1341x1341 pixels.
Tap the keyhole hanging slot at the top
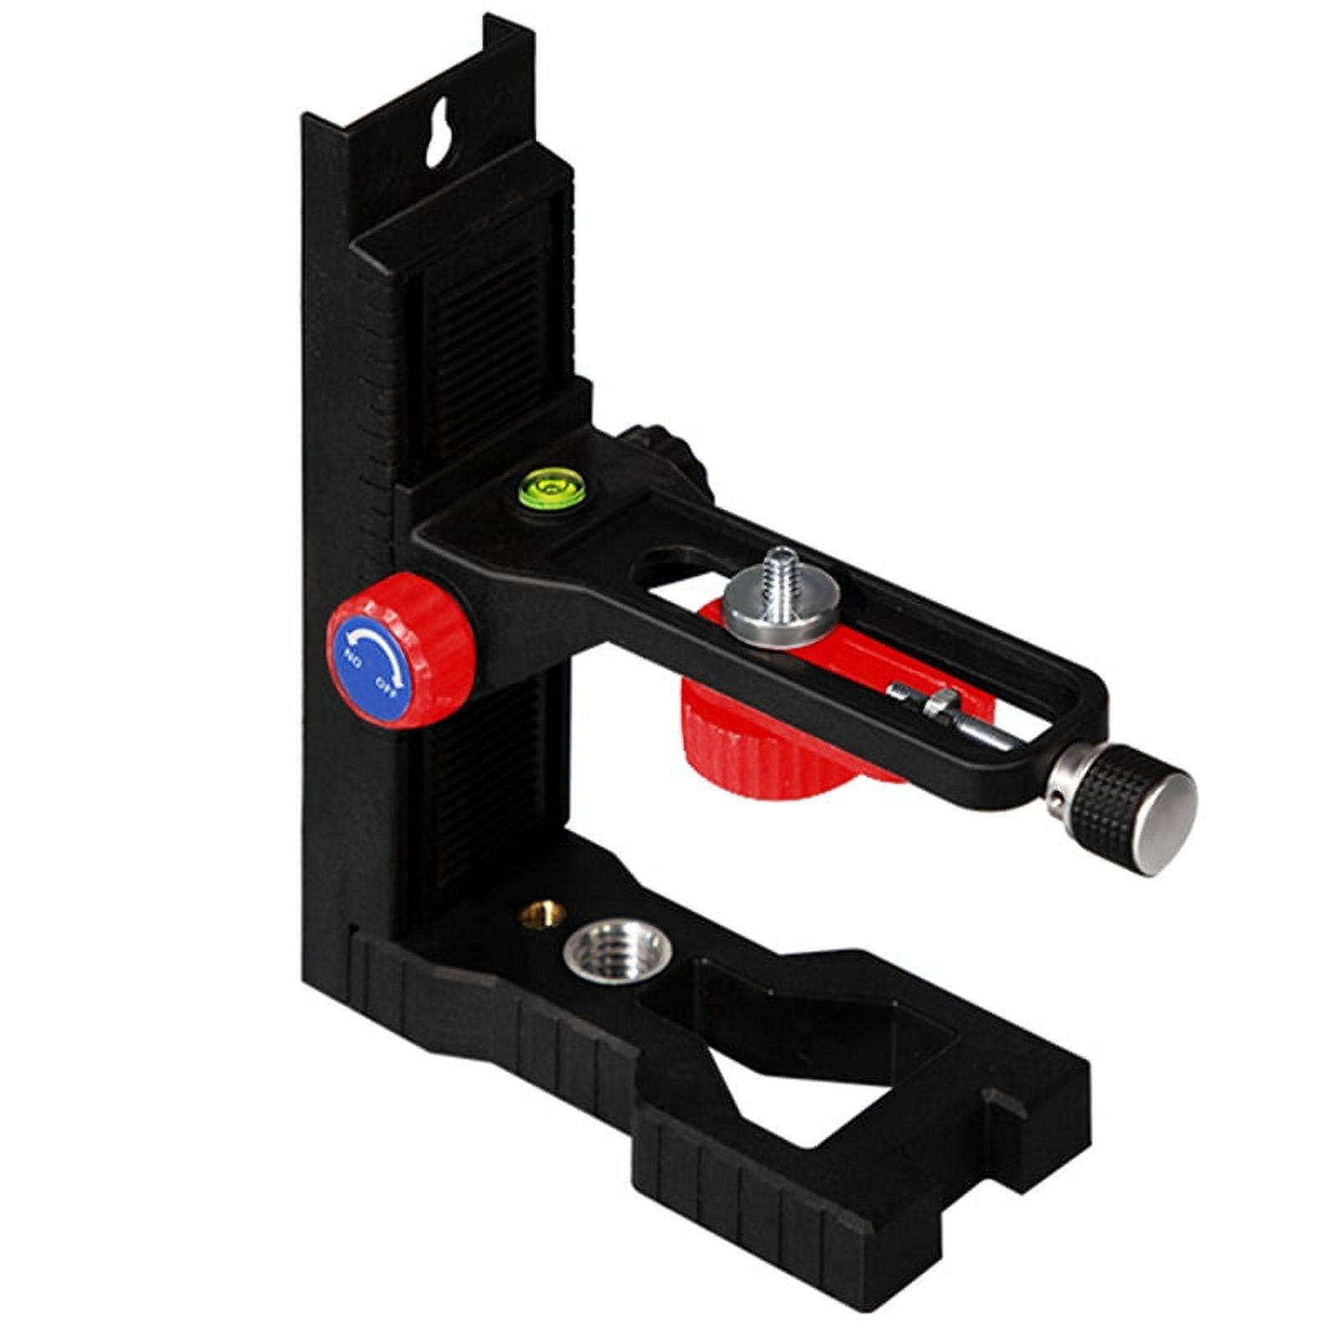coord(438,133)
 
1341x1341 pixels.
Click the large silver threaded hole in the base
coord(619,952)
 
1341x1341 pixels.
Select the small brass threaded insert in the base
coord(534,913)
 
